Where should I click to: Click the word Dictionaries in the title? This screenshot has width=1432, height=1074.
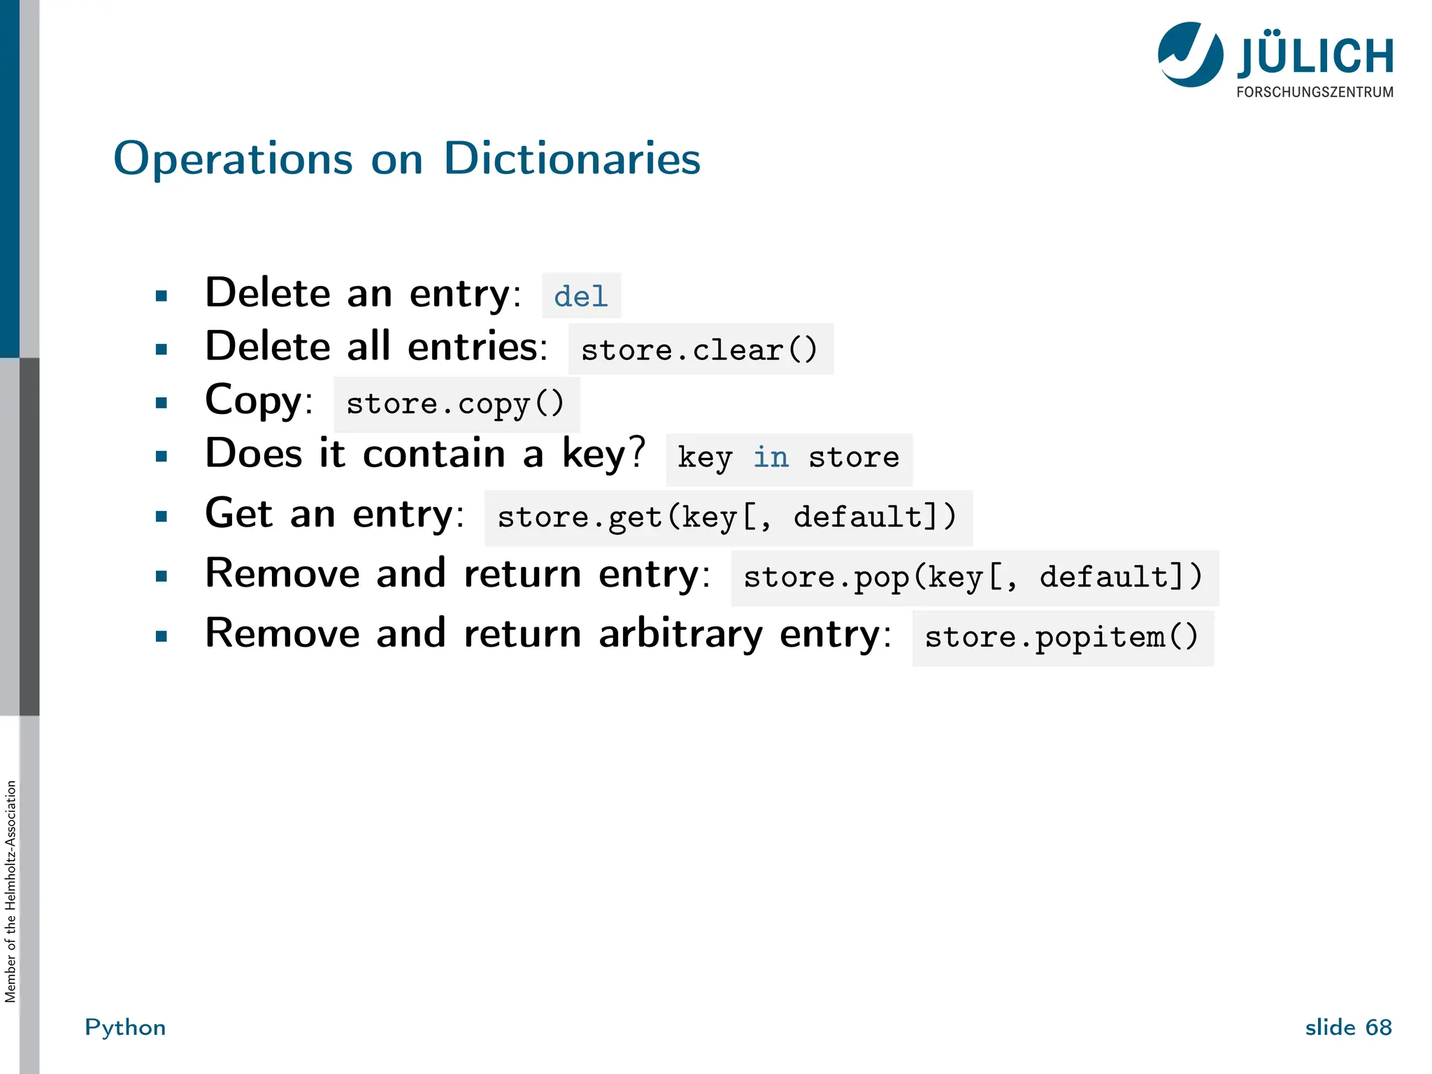[571, 159]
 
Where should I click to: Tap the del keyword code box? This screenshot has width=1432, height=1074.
[581, 296]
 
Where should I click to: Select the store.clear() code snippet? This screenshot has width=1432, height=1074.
[700, 350]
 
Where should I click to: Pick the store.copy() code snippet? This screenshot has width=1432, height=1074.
[456, 404]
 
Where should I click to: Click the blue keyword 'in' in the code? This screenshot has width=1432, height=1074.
[771, 458]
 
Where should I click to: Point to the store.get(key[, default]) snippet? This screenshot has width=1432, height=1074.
[727, 518]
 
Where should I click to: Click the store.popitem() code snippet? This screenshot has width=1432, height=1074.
[1062, 638]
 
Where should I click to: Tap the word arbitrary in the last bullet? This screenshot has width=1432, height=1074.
[680, 634]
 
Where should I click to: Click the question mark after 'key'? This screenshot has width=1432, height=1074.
[636, 452]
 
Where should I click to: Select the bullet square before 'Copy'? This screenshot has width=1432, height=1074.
[162, 403]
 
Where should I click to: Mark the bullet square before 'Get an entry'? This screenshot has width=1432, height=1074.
[162, 517]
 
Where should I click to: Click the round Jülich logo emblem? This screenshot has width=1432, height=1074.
[1190, 55]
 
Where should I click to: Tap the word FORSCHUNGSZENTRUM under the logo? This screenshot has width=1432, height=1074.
[1315, 92]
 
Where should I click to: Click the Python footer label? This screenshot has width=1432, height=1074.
[125, 1027]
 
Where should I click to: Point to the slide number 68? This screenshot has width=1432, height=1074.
[1378, 1027]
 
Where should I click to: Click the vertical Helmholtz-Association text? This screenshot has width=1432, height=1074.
[10, 892]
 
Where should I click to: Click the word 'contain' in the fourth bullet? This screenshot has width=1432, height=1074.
[434, 454]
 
